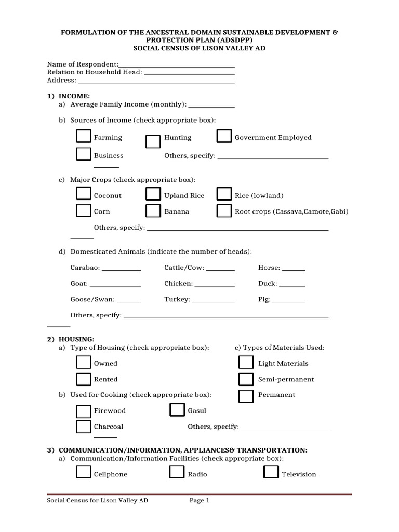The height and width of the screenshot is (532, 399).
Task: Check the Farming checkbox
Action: coord(83,136)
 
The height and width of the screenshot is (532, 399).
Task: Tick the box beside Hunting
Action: coord(153,142)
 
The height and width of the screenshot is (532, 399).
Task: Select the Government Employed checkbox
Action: coord(224,136)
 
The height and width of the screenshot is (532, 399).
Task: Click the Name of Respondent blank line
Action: coord(177,65)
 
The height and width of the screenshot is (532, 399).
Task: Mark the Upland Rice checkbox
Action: coord(153,194)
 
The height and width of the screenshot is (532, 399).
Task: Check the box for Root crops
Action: coord(224,210)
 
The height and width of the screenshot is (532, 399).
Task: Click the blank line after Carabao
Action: coord(121,269)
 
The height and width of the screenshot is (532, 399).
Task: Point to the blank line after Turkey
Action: coord(214,300)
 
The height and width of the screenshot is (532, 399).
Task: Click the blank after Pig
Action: coord(289,300)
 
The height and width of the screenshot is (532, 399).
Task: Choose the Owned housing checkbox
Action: coord(83,362)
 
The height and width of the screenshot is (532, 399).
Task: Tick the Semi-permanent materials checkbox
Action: coord(246,379)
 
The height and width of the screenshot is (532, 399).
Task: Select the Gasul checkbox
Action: coord(177,410)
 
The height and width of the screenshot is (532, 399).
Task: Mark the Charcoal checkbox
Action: coord(83,427)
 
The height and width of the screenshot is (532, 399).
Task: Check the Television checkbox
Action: coord(271,472)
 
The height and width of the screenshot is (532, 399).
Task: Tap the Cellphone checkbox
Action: coord(83,472)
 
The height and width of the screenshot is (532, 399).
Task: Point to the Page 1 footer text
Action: coord(199,501)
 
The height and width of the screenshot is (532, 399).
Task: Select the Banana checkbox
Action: coord(153,210)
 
